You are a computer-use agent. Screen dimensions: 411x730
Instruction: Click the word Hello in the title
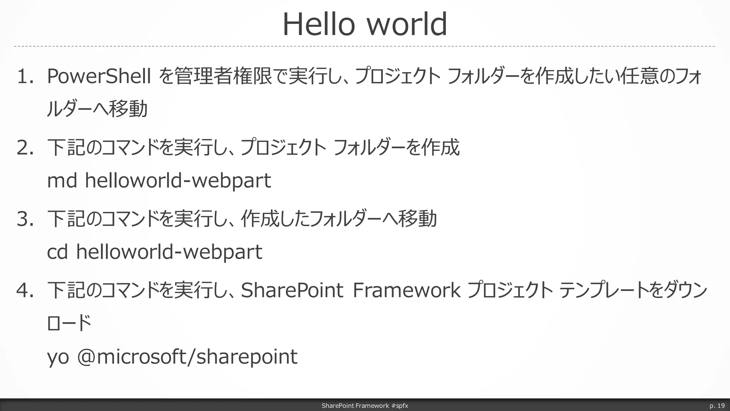[318, 24]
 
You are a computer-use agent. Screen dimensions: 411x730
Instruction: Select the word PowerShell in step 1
[99, 76]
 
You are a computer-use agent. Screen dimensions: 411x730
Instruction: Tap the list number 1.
[25, 77]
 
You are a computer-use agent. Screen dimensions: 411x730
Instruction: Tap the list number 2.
[25, 148]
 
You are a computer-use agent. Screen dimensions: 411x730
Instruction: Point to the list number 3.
[25, 219]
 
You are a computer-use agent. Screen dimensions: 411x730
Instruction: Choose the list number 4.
[25, 290]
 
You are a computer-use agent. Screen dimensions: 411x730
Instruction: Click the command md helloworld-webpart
[159, 180]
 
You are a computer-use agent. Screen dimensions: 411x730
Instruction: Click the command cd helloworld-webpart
[154, 252]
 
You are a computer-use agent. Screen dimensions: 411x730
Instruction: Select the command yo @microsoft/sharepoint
[172, 356]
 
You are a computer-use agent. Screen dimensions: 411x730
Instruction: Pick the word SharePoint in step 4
[292, 290]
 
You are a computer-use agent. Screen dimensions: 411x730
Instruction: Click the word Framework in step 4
[406, 290]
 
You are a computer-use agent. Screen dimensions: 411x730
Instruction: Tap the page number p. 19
[717, 406]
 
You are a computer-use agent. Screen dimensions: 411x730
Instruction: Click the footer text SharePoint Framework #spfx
[365, 406]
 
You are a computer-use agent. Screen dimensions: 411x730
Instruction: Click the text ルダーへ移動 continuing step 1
[97, 109]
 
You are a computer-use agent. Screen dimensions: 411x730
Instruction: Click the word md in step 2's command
[62, 180]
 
